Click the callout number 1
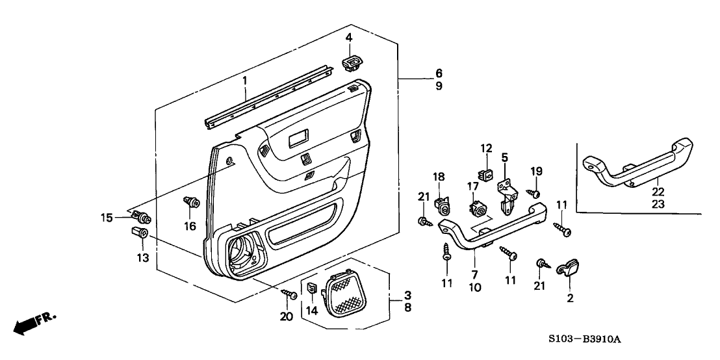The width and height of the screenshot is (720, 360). point(245,81)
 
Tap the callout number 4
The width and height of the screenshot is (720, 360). point(349,38)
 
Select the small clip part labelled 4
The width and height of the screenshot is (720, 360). point(352,63)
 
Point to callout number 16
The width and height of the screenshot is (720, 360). point(190,226)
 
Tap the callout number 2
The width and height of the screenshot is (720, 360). point(570,299)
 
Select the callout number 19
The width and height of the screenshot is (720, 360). point(535,171)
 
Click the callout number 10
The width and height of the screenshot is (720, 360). point(475,287)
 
